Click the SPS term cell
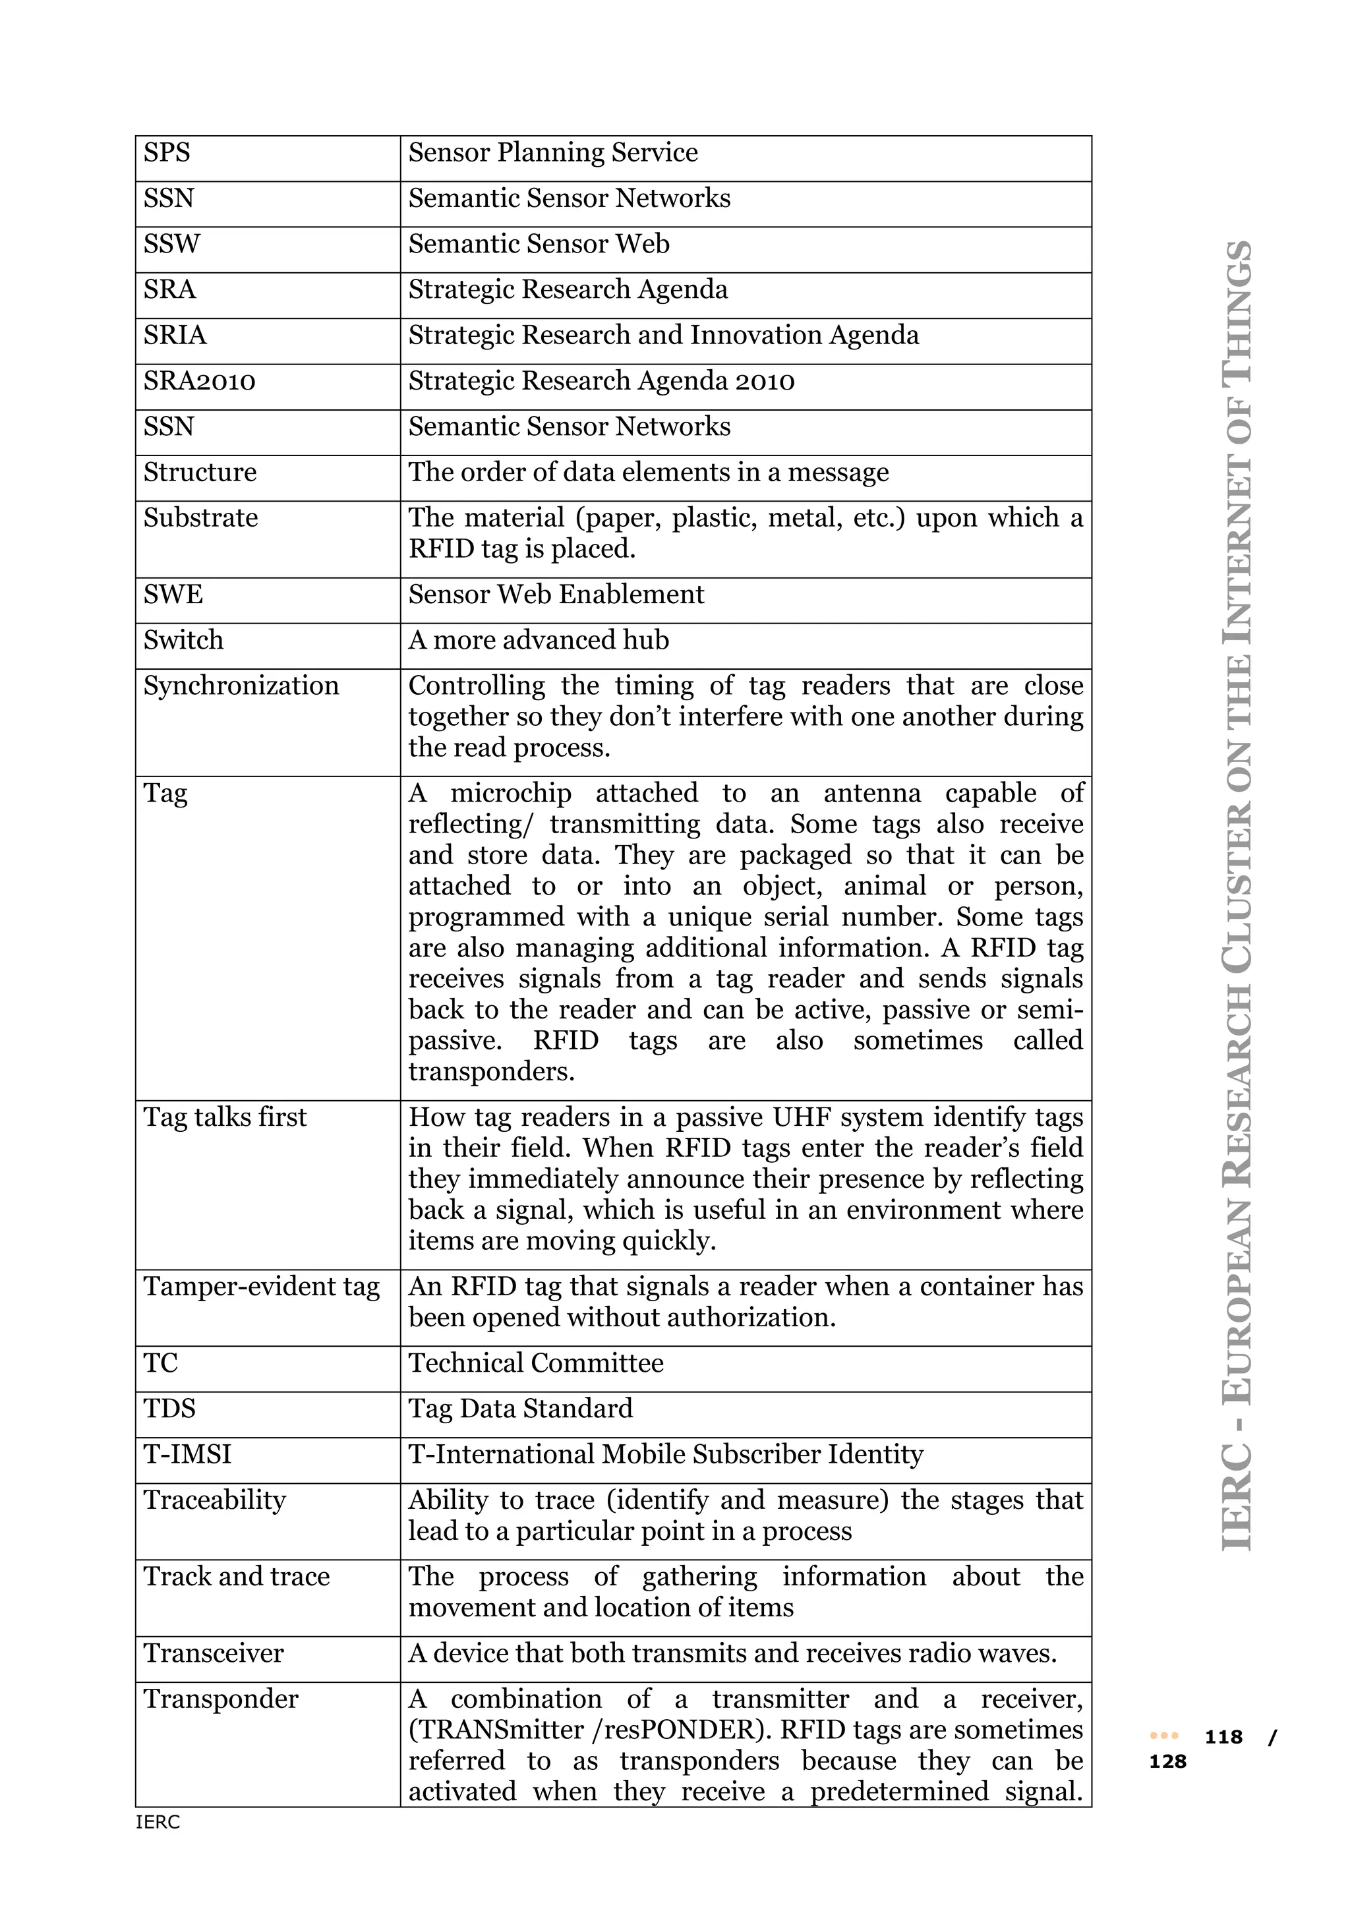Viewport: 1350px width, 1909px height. [x=167, y=153]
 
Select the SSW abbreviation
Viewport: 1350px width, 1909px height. [x=172, y=245]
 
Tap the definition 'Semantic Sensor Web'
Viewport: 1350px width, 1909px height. [x=539, y=245]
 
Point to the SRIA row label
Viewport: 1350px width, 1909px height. [x=175, y=335]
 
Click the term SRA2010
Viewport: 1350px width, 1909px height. [x=200, y=381]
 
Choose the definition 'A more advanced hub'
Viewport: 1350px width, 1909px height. [x=539, y=640]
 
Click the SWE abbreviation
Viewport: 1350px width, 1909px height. [x=173, y=595]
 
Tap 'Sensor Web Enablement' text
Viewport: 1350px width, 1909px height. [x=556, y=595]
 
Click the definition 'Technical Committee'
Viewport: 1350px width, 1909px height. [x=536, y=1364]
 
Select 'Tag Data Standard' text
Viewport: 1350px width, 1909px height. [x=520, y=1409]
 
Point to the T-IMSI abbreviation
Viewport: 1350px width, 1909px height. [x=187, y=1454]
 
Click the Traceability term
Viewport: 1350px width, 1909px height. [x=214, y=1500]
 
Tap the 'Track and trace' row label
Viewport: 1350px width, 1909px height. [x=236, y=1576]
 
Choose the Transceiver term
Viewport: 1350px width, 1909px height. [x=213, y=1653]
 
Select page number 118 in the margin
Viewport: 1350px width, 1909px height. [x=1223, y=1737]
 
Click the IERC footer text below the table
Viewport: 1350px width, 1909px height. [x=158, y=1823]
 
